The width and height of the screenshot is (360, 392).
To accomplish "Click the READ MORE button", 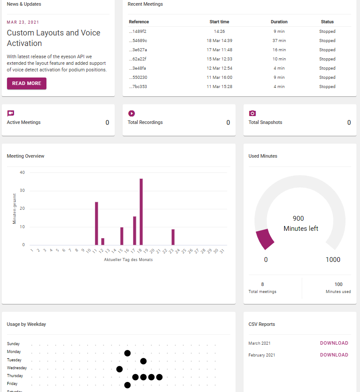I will (27, 83).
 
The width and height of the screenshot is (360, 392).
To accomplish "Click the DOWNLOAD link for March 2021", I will (334, 343).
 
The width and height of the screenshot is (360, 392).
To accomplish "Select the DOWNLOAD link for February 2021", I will (334, 355).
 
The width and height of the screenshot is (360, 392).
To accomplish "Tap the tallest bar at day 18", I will (141, 212).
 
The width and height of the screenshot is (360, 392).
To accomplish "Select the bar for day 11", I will (96, 223).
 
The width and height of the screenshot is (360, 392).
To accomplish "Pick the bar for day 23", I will (173, 237).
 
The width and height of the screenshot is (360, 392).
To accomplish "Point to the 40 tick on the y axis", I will (22, 173).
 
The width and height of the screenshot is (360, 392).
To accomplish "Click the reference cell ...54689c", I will (138, 41).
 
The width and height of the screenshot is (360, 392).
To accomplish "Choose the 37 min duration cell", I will (279, 41).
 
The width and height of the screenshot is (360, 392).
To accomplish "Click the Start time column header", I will (219, 22).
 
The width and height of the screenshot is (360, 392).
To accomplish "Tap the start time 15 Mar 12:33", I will (219, 59).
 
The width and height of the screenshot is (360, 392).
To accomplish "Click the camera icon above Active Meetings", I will (11, 113).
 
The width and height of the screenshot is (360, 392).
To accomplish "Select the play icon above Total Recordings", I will (131, 113).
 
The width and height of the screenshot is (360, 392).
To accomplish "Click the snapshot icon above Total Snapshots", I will (252, 113).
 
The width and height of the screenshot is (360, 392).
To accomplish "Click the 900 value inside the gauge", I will (298, 219).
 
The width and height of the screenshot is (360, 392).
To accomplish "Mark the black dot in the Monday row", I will (127, 353).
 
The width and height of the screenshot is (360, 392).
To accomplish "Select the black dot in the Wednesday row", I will (120, 369).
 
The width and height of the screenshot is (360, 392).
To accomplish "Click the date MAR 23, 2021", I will (23, 22).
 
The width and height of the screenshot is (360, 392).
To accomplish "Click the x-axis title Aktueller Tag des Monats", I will (128, 260).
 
